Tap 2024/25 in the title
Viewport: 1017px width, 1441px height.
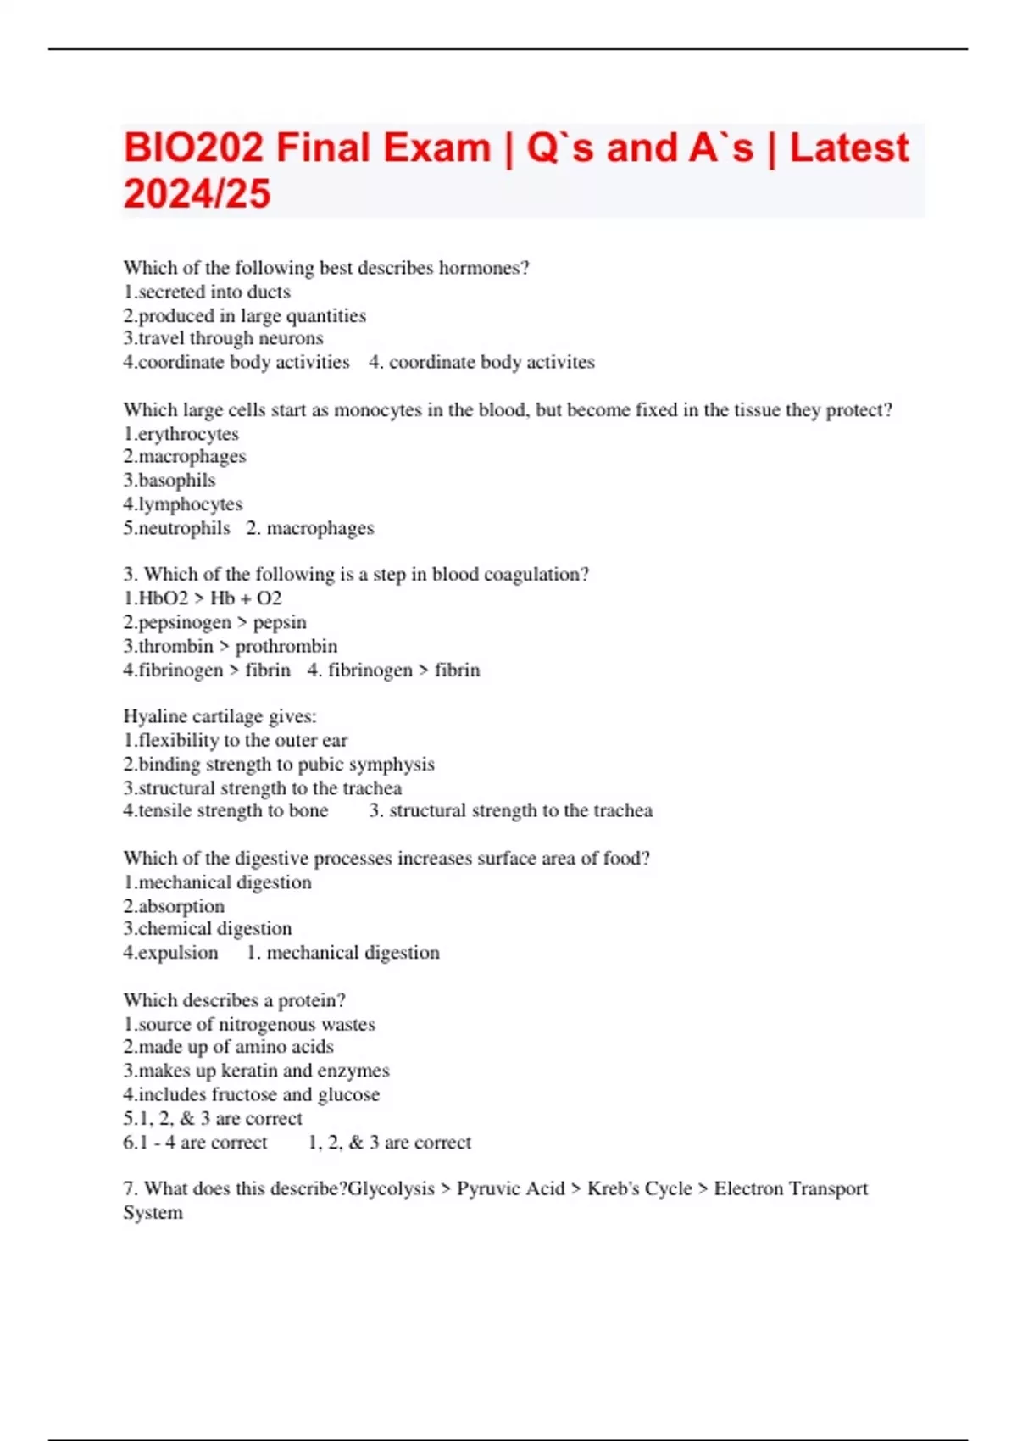197,194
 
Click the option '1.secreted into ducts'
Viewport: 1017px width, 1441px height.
207,292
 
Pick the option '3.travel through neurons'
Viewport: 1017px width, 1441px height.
223,338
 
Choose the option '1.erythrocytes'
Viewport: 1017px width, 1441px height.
181,434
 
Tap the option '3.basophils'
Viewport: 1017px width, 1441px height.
169,480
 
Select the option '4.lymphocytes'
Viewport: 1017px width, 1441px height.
182,504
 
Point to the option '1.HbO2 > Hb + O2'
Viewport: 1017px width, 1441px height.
202,598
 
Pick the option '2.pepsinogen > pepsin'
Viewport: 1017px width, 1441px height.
214,622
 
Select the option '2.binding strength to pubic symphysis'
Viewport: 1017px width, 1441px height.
278,764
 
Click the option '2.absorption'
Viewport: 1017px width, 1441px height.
174,906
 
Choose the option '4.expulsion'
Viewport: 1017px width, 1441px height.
170,953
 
